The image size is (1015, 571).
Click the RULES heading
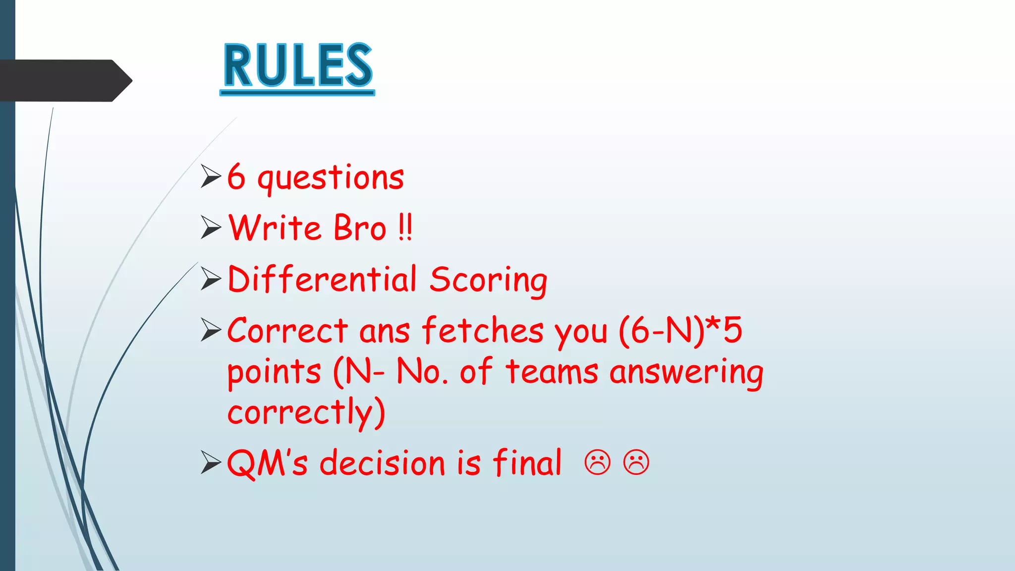[x=297, y=65]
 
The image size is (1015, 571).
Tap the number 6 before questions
[x=236, y=177]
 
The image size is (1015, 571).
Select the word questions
[x=331, y=178]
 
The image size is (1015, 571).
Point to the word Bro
[x=360, y=228]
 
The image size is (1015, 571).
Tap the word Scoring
[x=488, y=281]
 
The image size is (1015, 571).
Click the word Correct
[x=287, y=331]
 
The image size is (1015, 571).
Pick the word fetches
[x=483, y=331]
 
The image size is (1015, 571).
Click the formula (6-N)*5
[x=680, y=331]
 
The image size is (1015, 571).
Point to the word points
[x=274, y=373]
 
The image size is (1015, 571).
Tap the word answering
[x=686, y=373]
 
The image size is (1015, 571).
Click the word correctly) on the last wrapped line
[x=306, y=412]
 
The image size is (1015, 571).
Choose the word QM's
[x=267, y=463]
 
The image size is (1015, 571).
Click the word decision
[x=383, y=463]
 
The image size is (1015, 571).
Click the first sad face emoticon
[x=598, y=462]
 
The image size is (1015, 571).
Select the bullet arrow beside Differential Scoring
[x=211, y=279]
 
